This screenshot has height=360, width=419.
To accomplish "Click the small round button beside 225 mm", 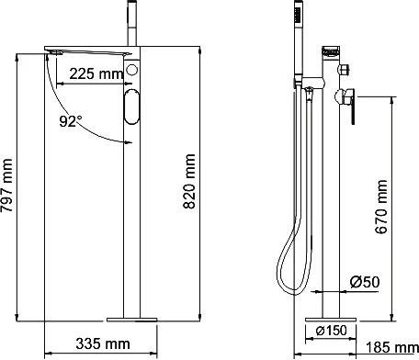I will [133, 71].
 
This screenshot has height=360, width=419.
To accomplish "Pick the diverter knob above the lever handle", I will [345, 69].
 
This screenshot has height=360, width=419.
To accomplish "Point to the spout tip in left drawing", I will [54, 54].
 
